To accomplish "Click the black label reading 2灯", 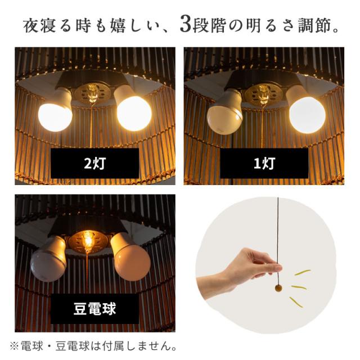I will [x=94, y=164].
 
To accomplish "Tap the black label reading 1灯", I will [x=264, y=164].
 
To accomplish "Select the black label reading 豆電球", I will [x=94, y=308].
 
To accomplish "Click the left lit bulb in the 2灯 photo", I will [x=55, y=114].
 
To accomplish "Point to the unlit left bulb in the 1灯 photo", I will [x=224, y=115].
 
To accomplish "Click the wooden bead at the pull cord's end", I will [x=278, y=289].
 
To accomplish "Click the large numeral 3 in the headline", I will [x=185, y=25].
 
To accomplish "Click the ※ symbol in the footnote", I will [x=14, y=344].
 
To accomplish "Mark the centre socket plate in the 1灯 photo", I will [x=263, y=94].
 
